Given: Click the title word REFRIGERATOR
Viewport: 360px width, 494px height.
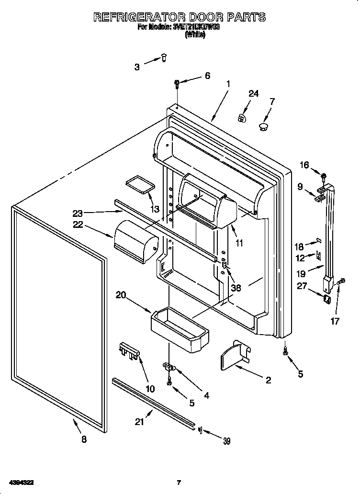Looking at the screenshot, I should point(140,17).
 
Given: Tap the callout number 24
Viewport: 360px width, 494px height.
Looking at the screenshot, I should point(253,94).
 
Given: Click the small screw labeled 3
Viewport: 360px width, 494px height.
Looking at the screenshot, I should point(164,58).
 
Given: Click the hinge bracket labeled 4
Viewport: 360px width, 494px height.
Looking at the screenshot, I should point(169,367).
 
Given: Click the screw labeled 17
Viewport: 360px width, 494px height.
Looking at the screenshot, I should point(340,283).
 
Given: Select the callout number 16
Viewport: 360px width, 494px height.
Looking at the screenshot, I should point(305,165).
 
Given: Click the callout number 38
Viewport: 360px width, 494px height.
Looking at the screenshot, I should point(236,288).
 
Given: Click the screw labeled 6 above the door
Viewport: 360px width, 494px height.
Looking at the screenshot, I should point(177,85).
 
